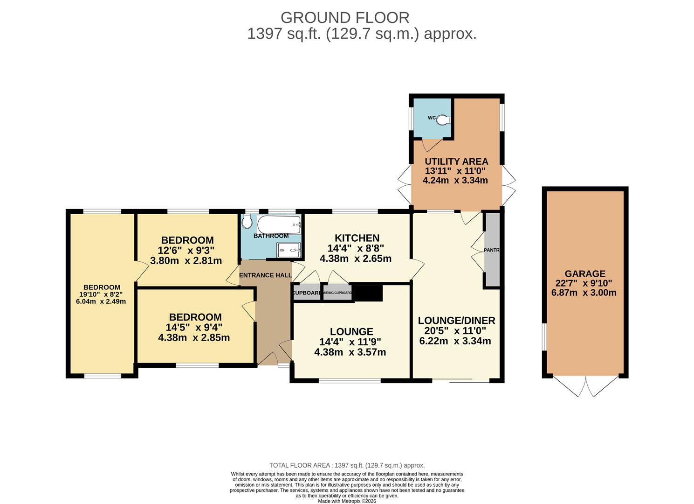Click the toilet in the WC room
[x=444, y=119]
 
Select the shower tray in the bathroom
[x=289, y=250]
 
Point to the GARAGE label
[x=585, y=274]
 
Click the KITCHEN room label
[x=357, y=238]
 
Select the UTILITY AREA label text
[x=456, y=161]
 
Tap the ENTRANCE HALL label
[x=265, y=275]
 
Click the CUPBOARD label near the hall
[x=307, y=293]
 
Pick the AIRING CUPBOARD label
[x=337, y=293]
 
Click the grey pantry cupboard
[x=492, y=250]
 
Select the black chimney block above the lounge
[x=368, y=293]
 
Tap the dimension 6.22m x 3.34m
[x=455, y=341]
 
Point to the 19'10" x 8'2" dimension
[x=101, y=294]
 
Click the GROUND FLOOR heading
[x=345, y=18]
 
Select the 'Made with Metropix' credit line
[x=347, y=501]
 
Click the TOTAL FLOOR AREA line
[x=347, y=465]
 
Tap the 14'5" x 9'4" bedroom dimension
[x=194, y=327]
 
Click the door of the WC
[x=432, y=145]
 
